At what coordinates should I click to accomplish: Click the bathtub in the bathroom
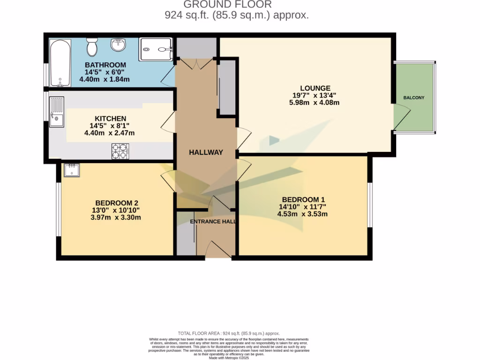point(60,63)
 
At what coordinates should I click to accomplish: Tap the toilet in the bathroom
point(91,47)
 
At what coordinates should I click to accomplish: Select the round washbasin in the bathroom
point(118,45)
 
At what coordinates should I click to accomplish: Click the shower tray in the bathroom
point(156,49)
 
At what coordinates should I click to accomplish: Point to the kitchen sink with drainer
point(56,112)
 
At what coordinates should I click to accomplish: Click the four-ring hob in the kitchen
point(120,151)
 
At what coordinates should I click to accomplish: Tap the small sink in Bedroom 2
point(72,170)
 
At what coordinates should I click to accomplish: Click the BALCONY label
point(414,98)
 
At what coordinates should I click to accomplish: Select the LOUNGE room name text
point(315,88)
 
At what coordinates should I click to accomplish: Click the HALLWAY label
point(206,152)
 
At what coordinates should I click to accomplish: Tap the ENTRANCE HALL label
point(213,221)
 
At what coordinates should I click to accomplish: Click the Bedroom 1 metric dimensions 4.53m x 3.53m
point(302,214)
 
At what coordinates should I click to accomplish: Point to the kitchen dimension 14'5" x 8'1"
point(109,126)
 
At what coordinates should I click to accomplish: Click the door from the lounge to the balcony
point(401,117)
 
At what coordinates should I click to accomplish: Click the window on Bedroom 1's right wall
point(370,205)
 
